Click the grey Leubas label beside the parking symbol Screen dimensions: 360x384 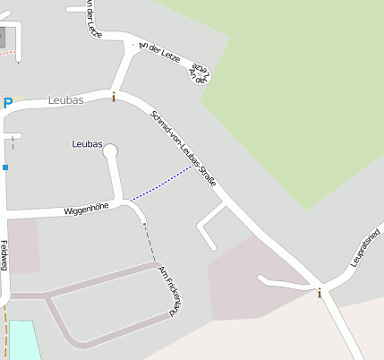(65, 101)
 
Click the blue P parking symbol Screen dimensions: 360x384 (8, 104)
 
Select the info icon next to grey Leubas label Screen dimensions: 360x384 (114, 97)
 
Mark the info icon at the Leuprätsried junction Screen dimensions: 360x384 (319, 292)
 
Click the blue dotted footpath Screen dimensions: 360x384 (161, 184)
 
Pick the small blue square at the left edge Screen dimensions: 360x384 (4, 167)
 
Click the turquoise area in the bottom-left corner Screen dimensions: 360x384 (23, 340)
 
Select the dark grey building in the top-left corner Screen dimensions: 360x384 (4, 38)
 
